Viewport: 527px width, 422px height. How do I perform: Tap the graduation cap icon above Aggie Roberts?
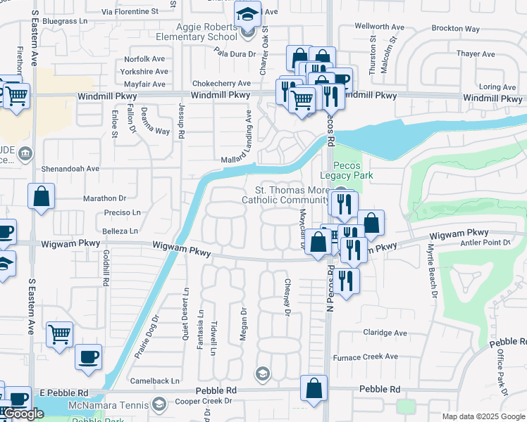247,14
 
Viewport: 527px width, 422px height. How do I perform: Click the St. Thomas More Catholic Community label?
285,195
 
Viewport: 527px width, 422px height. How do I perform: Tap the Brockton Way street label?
455,30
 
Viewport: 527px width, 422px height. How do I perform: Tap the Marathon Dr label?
104,199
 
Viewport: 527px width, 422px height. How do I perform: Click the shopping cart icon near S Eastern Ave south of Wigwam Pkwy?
59,334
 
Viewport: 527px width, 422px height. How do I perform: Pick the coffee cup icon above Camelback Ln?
88,357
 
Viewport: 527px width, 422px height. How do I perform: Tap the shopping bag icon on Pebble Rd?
314,388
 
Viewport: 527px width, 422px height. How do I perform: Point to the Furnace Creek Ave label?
367,357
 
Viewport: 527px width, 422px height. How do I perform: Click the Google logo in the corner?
23,414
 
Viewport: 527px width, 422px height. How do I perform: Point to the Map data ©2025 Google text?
483,416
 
